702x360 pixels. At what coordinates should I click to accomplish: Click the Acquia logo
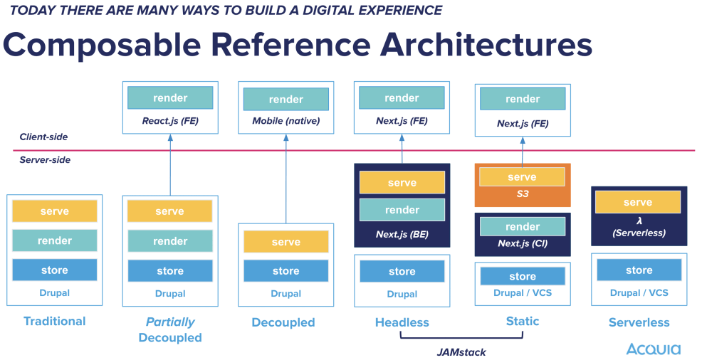pyautogui.click(x=653, y=349)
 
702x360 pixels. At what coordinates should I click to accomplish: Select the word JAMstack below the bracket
pyautogui.click(x=461, y=351)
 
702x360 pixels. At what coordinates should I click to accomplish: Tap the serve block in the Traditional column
pyautogui.click(x=55, y=211)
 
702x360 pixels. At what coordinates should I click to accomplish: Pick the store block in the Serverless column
pyautogui.click(x=639, y=270)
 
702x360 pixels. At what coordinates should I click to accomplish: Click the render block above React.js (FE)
pyautogui.click(x=170, y=98)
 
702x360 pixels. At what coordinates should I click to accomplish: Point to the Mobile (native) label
pyautogui.click(x=286, y=121)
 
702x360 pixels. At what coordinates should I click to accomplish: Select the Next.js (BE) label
pyautogui.click(x=402, y=233)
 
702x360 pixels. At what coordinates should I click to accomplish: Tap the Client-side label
pyautogui.click(x=44, y=137)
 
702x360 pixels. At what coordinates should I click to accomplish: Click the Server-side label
pyautogui.click(x=45, y=160)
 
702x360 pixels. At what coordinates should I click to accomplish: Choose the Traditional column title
pyautogui.click(x=55, y=321)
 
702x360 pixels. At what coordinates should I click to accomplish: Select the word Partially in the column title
pyautogui.click(x=170, y=322)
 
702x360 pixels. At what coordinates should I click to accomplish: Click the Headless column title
pyautogui.click(x=402, y=322)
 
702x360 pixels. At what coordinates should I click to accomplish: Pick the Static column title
pyautogui.click(x=522, y=322)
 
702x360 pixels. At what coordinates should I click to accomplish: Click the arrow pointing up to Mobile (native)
pyautogui.click(x=286, y=178)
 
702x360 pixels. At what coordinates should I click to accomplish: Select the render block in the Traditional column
pyautogui.click(x=55, y=240)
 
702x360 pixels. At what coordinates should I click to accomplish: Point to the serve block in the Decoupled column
pyautogui.click(x=286, y=243)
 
